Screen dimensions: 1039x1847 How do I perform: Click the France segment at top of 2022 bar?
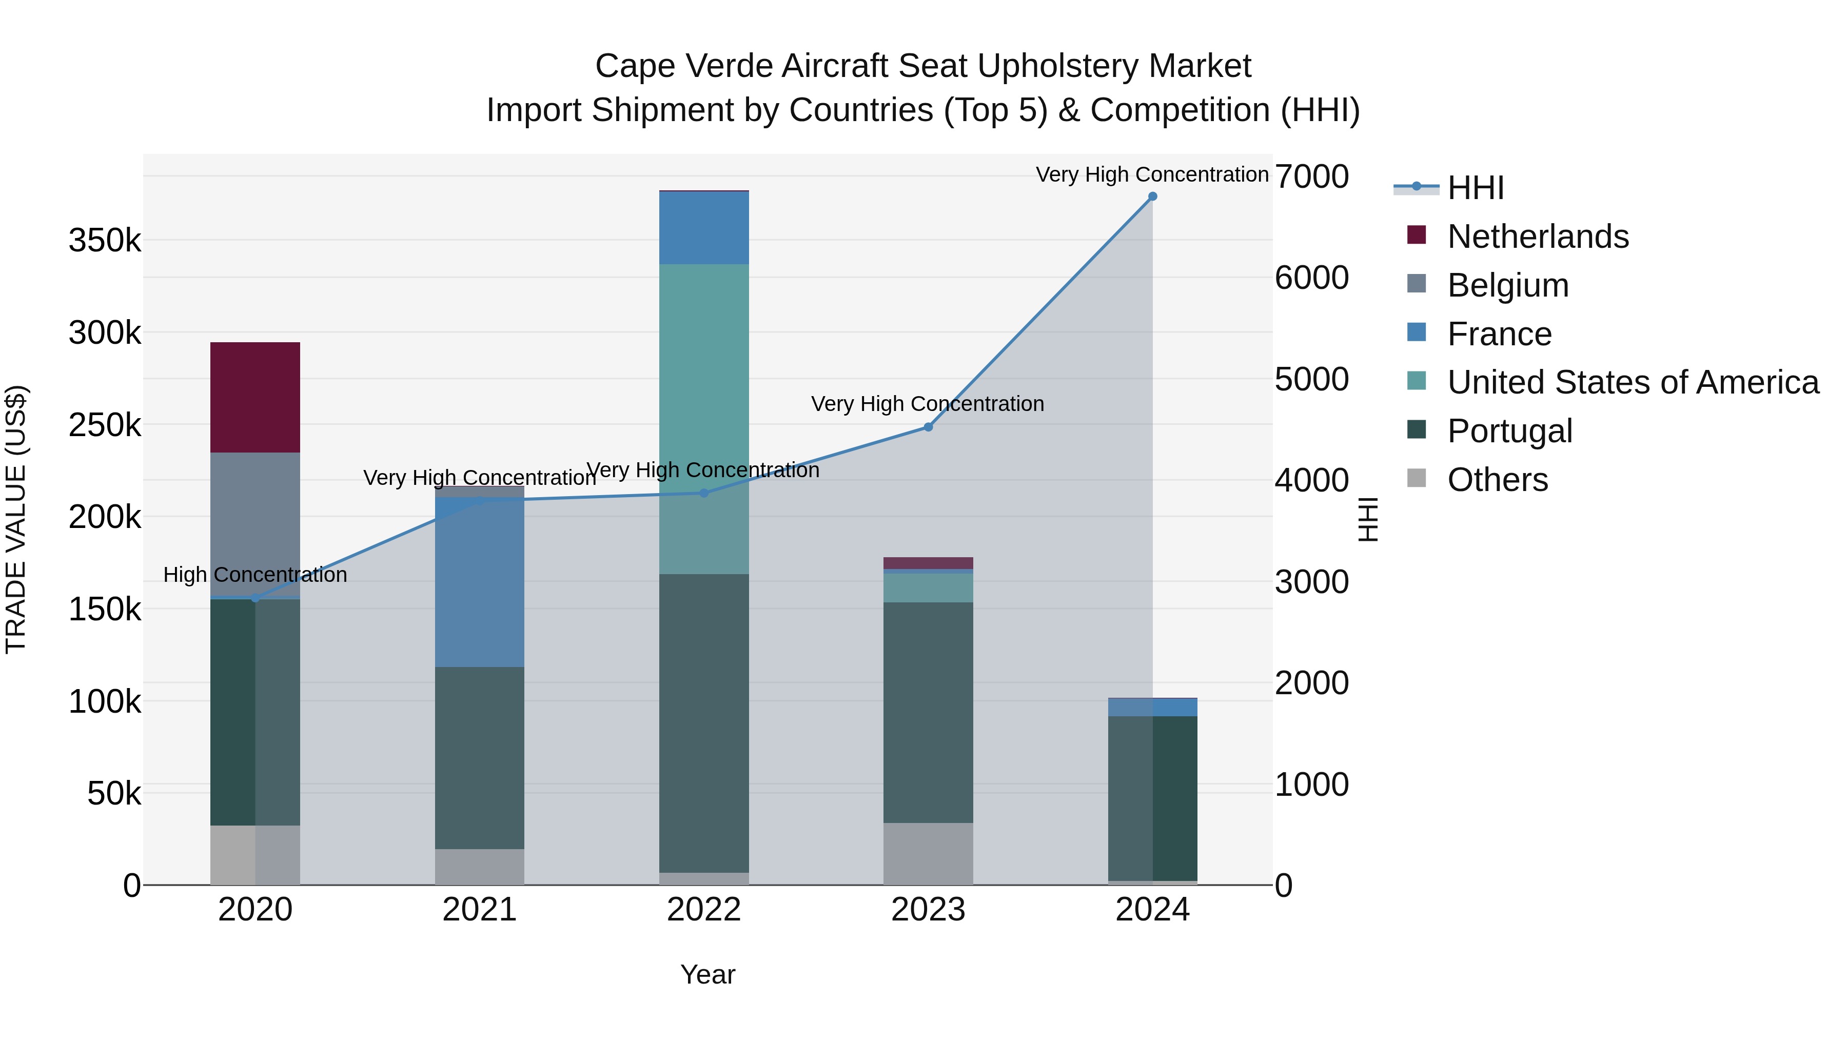click(x=703, y=227)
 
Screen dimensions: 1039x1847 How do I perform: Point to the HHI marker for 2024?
click(x=1152, y=197)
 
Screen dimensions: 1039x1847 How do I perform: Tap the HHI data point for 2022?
click(x=703, y=493)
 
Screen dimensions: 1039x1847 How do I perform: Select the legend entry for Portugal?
click(x=1509, y=431)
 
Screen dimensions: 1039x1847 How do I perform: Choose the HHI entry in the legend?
click(x=1475, y=188)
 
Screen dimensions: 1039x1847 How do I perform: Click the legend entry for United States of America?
click(x=1633, y=382)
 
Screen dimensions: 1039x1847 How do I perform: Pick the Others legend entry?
click(x=1497, y=480)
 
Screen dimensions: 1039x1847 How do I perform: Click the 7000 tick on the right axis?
click(x=1311, y=177)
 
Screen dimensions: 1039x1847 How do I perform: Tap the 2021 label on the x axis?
click(x=479, y=910)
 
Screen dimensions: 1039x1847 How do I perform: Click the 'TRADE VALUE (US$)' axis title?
click(x=16, y=519)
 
